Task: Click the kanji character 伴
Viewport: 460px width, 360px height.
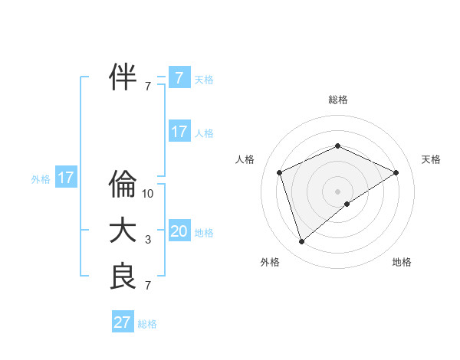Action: pyautogui.click(x=123, y=77)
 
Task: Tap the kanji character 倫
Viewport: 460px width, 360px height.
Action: pyautogui.click(x=123, y=185)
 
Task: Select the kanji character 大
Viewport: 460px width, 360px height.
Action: pyautogui.click(x=123, y=231)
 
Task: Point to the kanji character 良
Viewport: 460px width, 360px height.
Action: pyautogui.click(x=123, y=277)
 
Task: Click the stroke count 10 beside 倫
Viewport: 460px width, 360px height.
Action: pyautogui.click(x=148, y=194)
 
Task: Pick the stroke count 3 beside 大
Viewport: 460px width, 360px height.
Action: pyautogui.click(x=148, y=240)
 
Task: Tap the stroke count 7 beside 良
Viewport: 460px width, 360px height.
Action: pyautogui.click(x=148, y=286)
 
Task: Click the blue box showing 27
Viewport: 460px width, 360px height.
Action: pyautogui.click(x=123, y=322)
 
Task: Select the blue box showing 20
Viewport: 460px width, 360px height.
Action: pyautogui.click(x=179, y=231)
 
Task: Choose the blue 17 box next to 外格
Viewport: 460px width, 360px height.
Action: pyautogui.click(x=66, y=178)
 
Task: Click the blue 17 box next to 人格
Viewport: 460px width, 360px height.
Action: pyautogui.click(x=179, y=131)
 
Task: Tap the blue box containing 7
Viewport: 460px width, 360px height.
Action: pyautogui.click(x=179, y=77)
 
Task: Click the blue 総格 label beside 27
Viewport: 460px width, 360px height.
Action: pyautogui.click(x=147, y=324)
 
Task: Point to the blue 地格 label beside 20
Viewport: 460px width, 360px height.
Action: pyautogui.click(x=204, y=233)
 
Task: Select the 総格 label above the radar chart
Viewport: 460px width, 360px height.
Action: pyautogui.click(x=337, y=100)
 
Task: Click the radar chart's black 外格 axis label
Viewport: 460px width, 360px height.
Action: pyautogui.click(x=270, y=262)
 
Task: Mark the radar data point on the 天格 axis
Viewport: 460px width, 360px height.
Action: pyautogui.click(x=396, y=172)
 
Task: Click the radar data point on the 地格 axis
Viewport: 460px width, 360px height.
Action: pyautogui.click(x=347, y=204)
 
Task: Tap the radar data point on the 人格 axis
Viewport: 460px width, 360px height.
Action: pyautogui.click(x=280, y=172)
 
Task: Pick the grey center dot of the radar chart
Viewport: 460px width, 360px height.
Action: pyautogui.click(x=337, y=191)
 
